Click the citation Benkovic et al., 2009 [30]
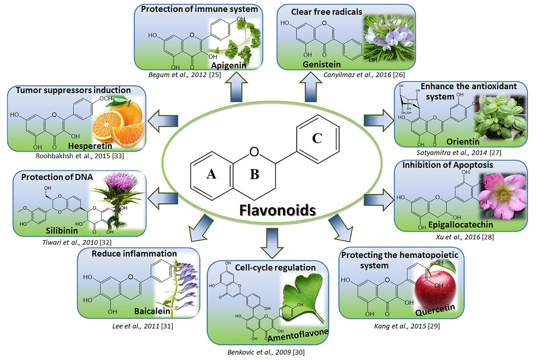267,353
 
